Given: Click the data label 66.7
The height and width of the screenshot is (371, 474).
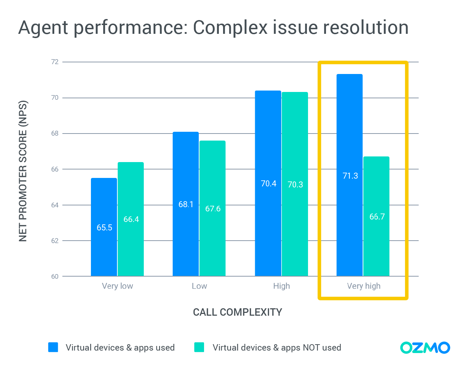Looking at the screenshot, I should (x=377, y=217).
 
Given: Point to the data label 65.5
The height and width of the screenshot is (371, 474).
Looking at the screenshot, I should (x=104, y=228).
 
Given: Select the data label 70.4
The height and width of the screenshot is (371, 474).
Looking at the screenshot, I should (x=269, y=184).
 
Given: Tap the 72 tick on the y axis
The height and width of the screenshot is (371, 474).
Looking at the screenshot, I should (x=55, y=62).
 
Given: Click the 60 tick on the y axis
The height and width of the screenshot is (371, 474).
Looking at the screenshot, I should (x=55, y=277).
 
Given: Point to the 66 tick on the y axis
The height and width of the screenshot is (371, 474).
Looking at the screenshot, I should (x=55, y=169).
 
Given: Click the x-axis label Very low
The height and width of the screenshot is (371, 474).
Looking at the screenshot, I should (x=117, y=286).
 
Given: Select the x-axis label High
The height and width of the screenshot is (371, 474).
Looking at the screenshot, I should (x=282, y=286).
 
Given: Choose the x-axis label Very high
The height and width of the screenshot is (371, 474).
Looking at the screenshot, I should (x=364, y=286).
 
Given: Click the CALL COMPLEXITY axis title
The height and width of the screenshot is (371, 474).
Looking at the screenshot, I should (x=238, y=312).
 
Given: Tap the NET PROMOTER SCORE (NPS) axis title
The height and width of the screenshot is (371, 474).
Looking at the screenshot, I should (x=23, y=171).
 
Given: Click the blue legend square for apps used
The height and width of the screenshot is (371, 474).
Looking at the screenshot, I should (x=53, y=347).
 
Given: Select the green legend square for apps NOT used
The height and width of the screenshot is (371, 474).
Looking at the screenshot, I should (x=199, y=347).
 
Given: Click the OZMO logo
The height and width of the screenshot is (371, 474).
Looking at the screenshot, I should (x=425, y=348).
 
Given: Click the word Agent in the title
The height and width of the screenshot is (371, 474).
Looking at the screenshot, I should (x=44, y=28).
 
